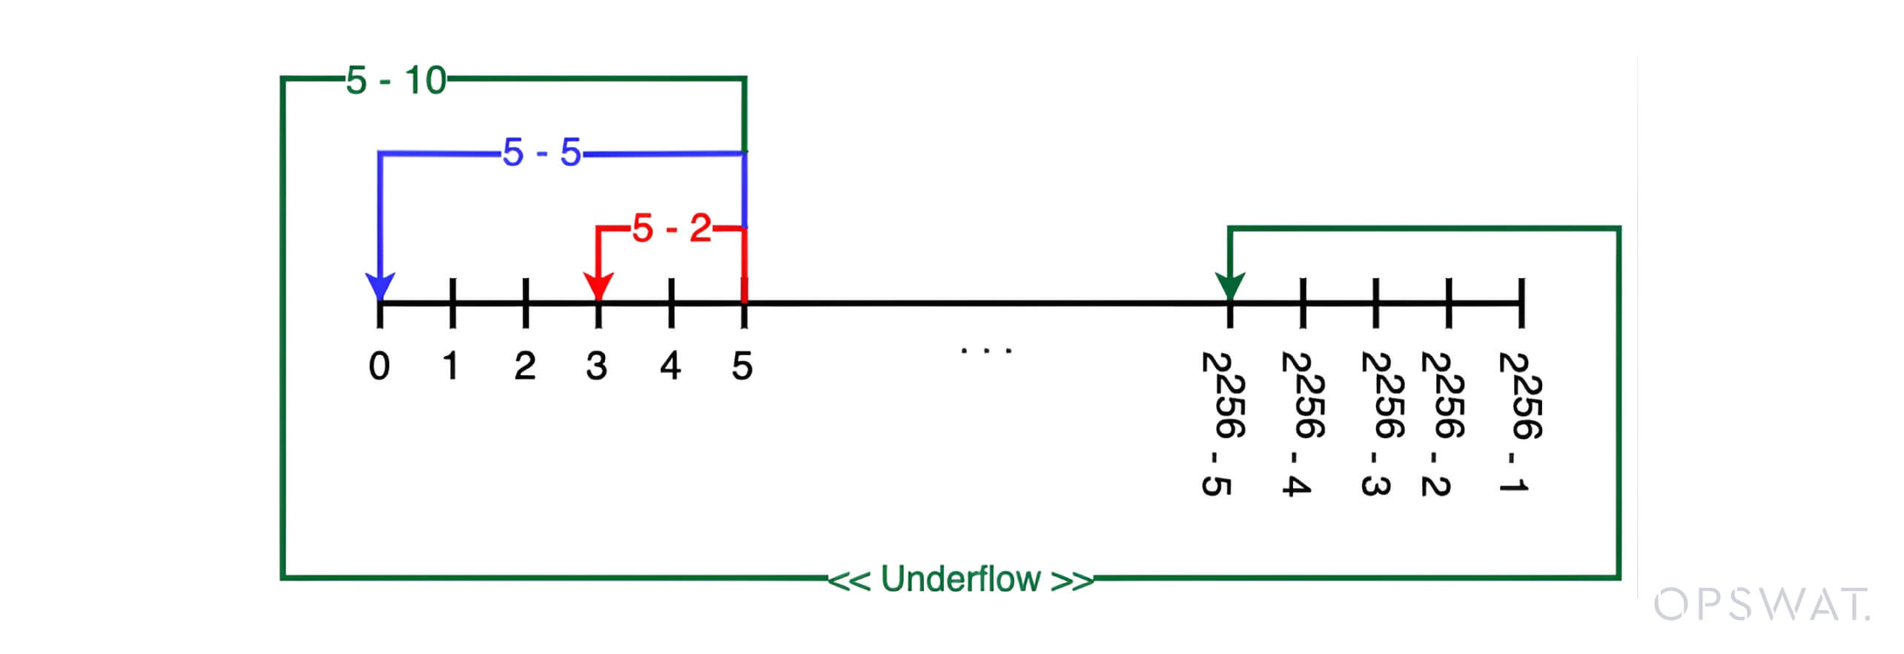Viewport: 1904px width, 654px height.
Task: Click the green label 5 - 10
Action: (x=396, y=80)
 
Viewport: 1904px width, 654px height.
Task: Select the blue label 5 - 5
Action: (x=542, y=153)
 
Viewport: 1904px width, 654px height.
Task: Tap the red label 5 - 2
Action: (x=672, y=228)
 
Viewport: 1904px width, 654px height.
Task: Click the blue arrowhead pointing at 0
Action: (x=380, y=285)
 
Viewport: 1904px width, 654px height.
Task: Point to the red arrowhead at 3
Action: (x=598, y=285)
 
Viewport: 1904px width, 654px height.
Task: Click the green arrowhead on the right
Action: (x=1230, y=285)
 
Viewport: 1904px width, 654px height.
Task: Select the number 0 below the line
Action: (x=379, y=366)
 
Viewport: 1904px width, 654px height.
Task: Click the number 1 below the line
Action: (x=451, y=366)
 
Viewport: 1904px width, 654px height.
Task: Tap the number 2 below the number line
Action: (x=525, y=366)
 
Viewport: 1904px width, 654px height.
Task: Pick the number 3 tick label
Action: (x=597, y=366)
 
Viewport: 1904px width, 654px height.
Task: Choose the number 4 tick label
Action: (x=670, y=366)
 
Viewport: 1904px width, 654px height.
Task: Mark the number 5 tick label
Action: (x=742, y=366)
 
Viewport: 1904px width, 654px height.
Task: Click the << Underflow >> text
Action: (x=961, y=579)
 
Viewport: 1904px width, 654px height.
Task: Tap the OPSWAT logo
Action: (x=1762, y=605)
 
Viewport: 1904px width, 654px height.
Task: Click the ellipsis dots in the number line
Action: (x=986, y=350)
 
